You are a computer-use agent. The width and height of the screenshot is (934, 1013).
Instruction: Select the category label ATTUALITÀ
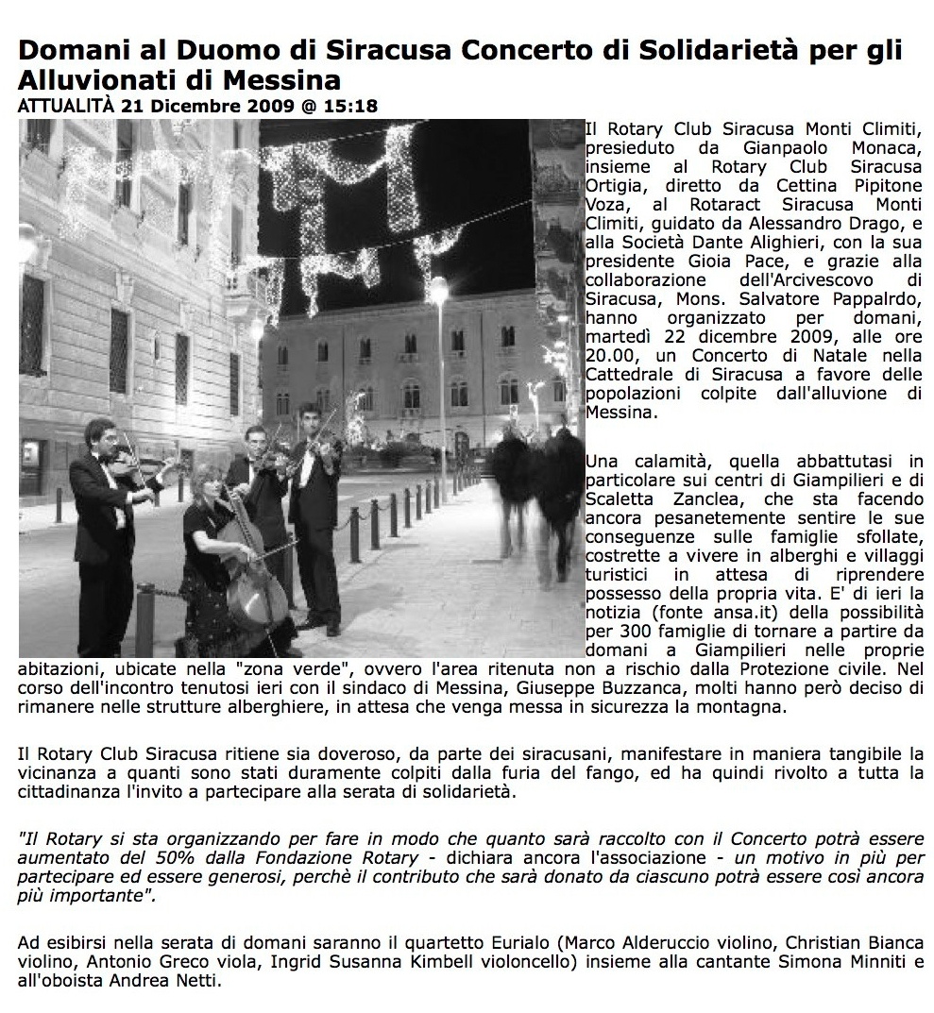click(x=65, y=106)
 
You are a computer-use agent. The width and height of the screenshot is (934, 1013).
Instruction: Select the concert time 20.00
click(x=610, y=355)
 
